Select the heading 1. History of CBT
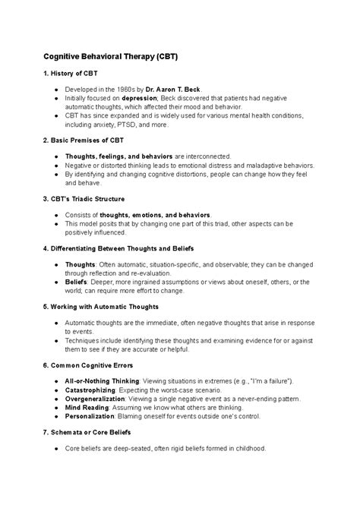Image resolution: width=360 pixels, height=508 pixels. click(x=72, y=77)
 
